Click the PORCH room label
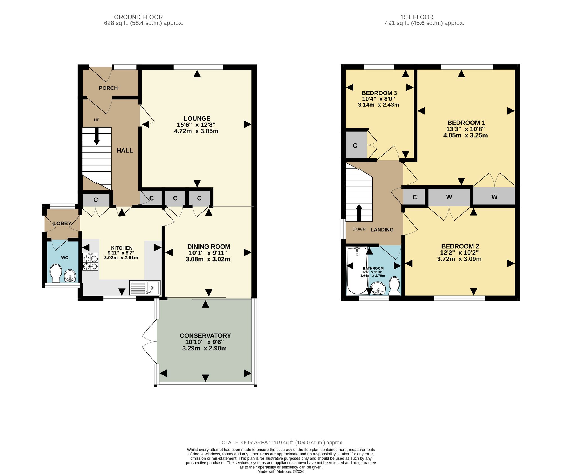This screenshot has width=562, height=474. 108,88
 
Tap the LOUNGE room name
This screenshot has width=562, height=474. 197,119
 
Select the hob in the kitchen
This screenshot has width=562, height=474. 90,262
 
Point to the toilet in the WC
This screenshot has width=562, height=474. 56,273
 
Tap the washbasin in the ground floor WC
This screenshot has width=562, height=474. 70,276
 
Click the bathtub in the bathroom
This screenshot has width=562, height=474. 357,271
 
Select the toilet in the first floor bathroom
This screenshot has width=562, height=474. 395,286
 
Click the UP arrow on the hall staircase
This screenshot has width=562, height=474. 96,136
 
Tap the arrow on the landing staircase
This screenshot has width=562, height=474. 359,213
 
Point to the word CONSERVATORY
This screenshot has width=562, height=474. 205,336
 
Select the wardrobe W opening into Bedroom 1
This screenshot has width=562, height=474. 494,197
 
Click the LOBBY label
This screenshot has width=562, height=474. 62,223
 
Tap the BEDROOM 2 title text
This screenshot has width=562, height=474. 460,246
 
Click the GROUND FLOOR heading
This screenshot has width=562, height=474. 139,17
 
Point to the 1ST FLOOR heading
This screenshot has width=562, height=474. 417,17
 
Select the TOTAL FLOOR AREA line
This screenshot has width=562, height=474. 281,443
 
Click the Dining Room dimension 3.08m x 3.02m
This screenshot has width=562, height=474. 208,259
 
